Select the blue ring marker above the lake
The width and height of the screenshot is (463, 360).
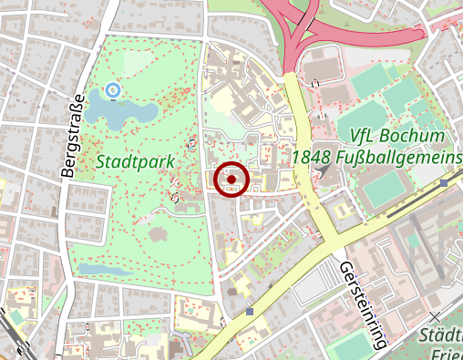pos(112,89)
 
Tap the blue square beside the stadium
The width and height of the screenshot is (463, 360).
pos(443,182)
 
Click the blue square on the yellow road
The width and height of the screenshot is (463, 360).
pos(250,311)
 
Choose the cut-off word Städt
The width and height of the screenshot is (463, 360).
pos(441,337)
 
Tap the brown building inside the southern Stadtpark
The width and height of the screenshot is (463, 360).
pos(159,233)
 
